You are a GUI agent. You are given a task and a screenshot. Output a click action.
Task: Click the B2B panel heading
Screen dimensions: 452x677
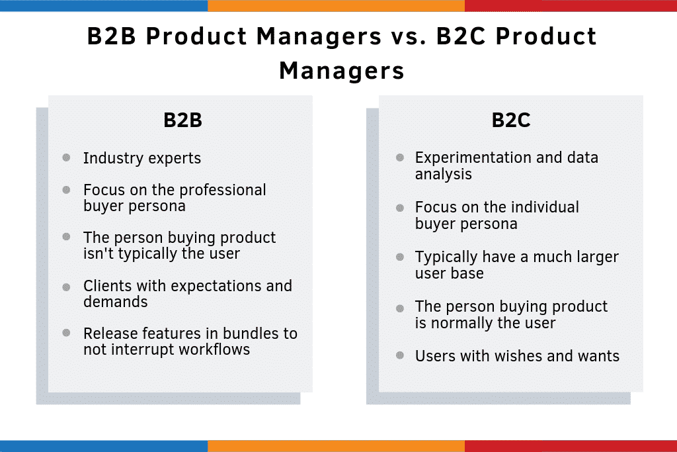click(182, 121)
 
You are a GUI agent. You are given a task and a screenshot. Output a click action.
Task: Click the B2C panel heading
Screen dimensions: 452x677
click(511, 121)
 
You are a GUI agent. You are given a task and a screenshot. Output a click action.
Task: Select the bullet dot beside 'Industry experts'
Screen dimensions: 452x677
click(67, 158)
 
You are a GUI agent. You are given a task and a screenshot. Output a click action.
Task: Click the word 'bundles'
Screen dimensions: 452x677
click(235, 334)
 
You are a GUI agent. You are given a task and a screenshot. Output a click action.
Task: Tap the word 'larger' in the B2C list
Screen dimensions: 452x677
click(593, 257)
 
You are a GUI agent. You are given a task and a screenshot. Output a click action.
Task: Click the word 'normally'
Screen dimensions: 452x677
click(459, 323)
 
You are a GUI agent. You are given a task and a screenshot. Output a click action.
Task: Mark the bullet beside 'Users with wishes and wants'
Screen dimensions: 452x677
click(400, 355)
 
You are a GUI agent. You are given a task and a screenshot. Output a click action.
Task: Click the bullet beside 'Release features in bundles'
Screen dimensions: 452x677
click(67, 332)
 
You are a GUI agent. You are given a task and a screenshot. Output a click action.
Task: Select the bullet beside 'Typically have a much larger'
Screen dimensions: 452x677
click(400, 257)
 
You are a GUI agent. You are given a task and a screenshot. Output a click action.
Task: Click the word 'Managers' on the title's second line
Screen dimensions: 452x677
click(341, 71)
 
